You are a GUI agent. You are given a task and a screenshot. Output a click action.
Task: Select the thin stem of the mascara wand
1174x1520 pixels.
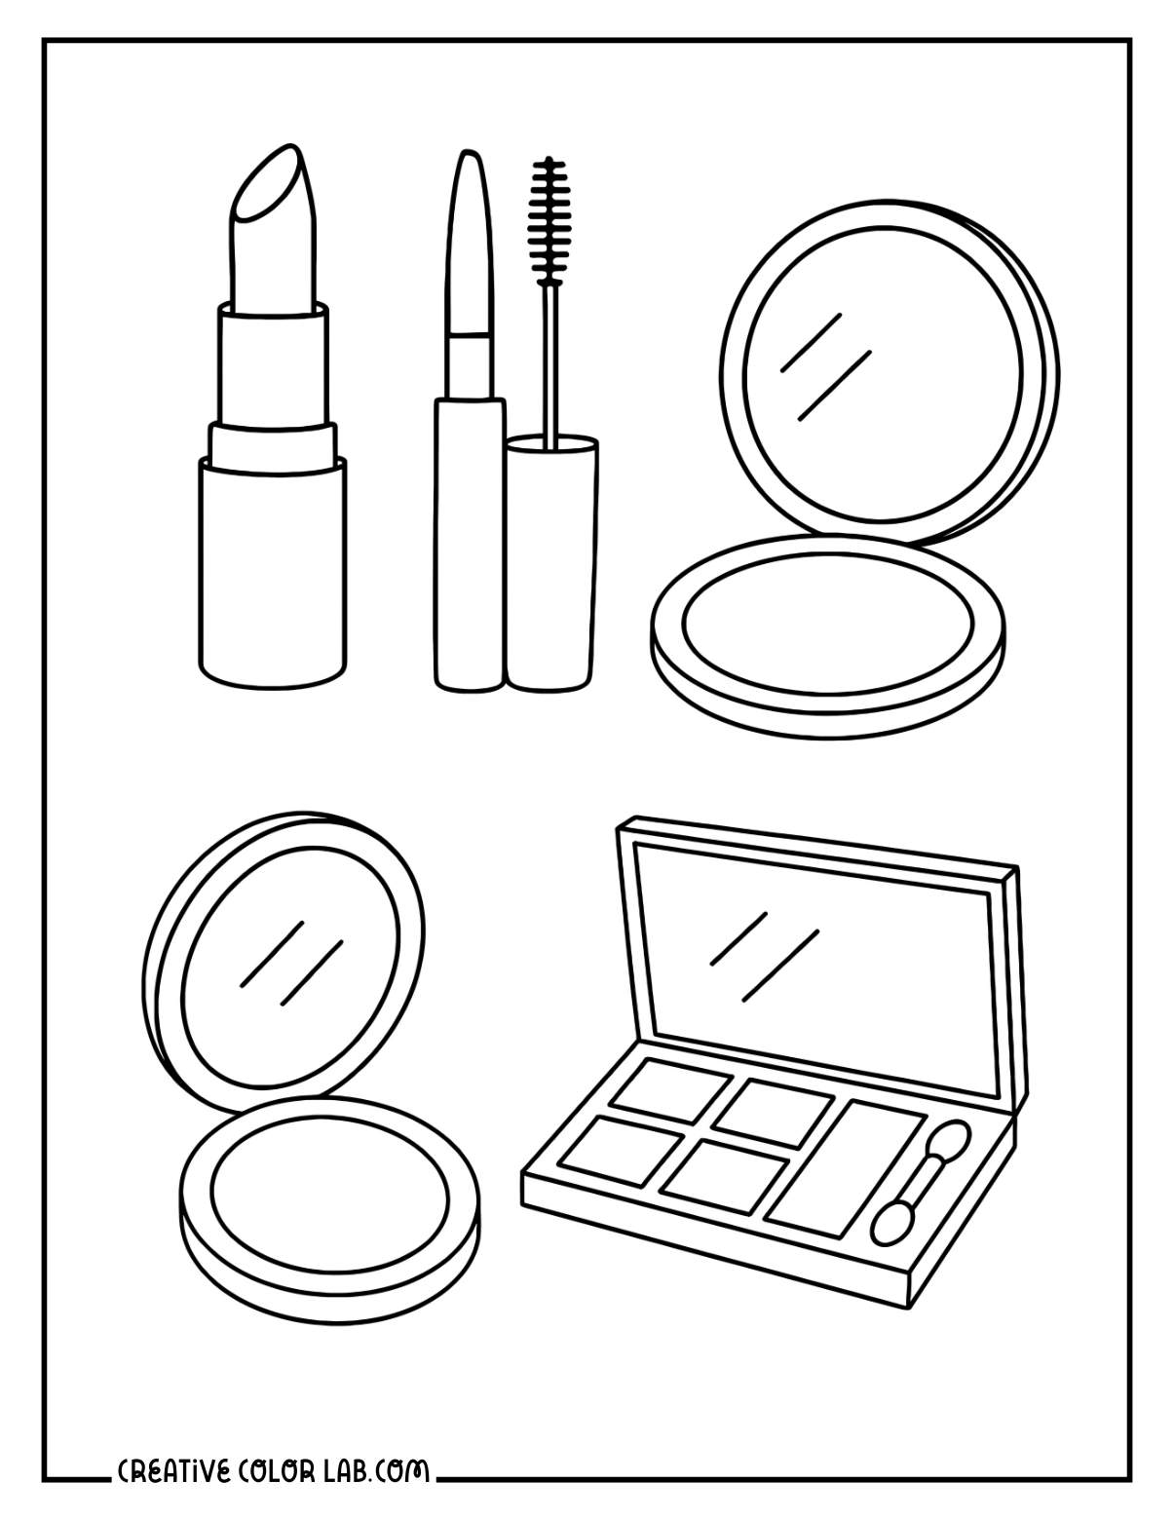pyautogui.click(x=551, y=361)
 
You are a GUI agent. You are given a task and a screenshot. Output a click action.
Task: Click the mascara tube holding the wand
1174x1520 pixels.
pyautogui.click(x=551, y=565)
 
